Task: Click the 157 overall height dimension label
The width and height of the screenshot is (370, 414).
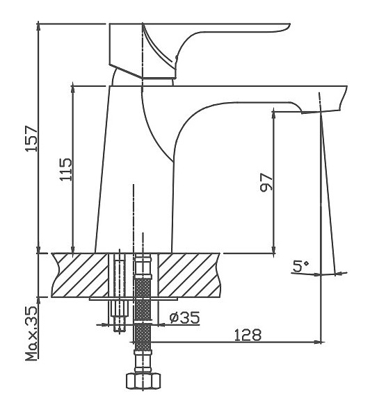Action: click(x=32, y=139)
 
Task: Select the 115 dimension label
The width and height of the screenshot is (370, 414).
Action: click(x=65, y=169)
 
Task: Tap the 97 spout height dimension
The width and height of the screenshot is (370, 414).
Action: click(x=266, y=182)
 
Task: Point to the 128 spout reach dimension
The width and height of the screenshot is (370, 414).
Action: click(x=248, y=335)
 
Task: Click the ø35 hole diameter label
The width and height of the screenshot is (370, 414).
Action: click(x=185, y=317)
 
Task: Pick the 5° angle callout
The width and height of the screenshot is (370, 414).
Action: click(x=300, y=266)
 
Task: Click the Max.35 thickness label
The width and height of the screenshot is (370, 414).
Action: click(x=32, y=333)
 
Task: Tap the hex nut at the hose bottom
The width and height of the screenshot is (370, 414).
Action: click(x=143, y=381)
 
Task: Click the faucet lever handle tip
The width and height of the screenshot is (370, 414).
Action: click(x=289, y=25)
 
